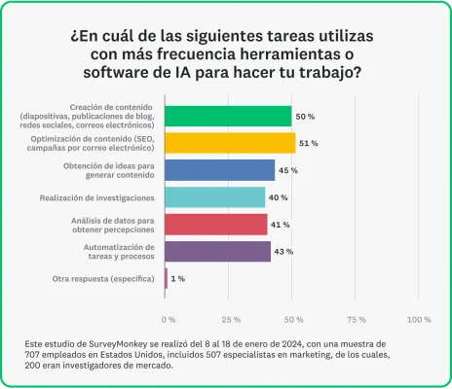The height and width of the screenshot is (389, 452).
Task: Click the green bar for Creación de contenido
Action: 228,116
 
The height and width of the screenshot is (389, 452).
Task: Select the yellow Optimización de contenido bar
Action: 230,143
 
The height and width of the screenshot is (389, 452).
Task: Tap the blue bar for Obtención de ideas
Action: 220,170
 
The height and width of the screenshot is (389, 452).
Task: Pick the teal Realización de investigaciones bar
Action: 214,197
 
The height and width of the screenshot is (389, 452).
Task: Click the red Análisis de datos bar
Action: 215,225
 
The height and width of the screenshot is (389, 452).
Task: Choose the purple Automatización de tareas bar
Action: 218,252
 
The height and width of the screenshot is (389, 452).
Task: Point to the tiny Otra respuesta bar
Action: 167,279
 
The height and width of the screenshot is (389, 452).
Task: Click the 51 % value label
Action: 309,143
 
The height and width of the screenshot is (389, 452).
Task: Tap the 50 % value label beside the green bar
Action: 305,116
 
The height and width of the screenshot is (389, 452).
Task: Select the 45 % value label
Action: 289,170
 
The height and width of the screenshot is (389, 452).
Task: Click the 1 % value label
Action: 178,279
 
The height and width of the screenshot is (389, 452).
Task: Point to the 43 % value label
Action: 284,252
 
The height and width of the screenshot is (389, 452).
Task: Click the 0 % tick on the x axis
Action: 168,319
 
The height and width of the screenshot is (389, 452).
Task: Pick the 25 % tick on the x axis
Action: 231,319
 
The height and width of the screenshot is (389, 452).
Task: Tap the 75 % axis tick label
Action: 356,319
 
